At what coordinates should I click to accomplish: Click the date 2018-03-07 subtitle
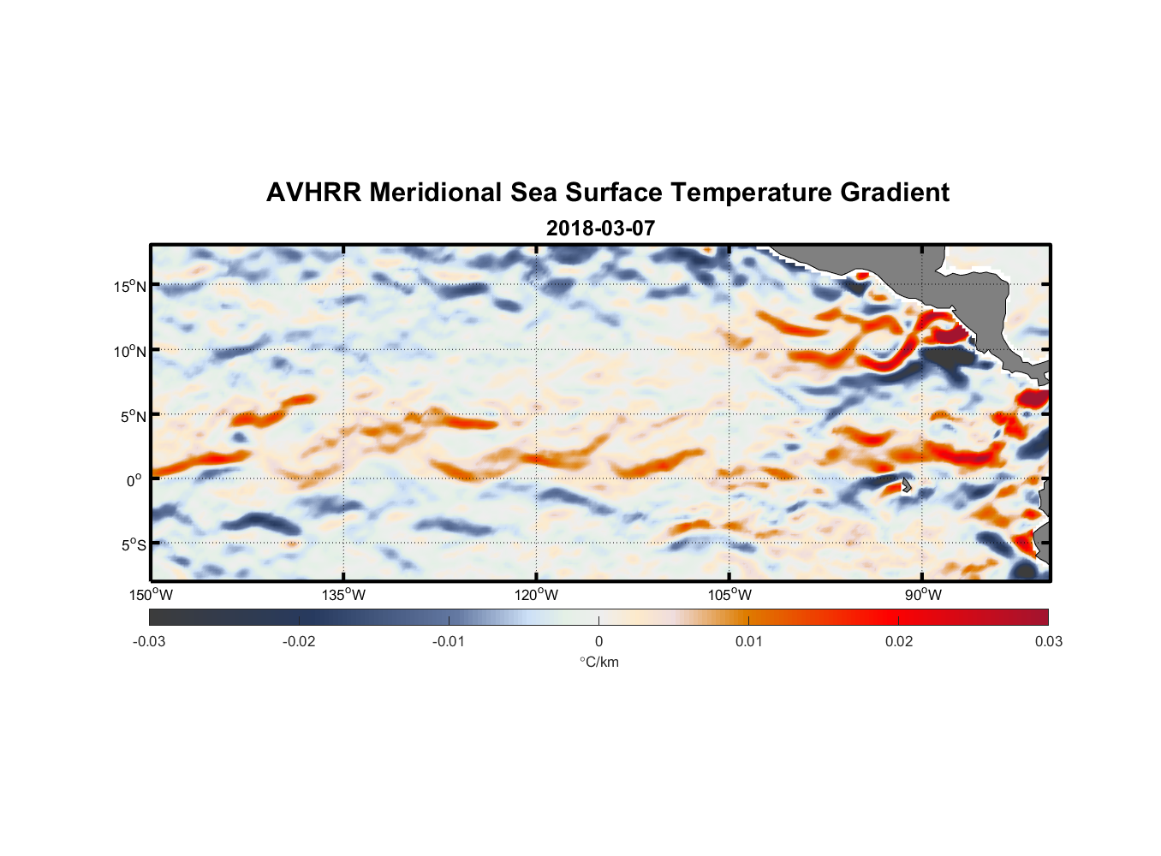[600, 229]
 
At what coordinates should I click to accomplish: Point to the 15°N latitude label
[130, 286]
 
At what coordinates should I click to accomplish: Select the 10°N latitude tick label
[130, 351]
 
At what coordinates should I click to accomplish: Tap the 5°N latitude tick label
[133, 416]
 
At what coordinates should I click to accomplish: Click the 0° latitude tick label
[134, 480]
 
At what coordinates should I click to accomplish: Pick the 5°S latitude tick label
[133, 545]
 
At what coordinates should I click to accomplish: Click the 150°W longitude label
[151, 595]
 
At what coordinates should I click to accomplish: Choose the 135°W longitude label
[343, 595]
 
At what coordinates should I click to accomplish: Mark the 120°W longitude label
[536, 595]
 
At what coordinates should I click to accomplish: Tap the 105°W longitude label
[729, 595]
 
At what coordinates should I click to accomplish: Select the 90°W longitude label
[922, 595]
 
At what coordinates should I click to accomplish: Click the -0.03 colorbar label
[149, 641]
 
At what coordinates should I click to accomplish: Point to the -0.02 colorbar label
[299, 641]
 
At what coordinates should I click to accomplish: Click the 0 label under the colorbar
[598, 641]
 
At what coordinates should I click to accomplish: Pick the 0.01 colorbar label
[748, 641]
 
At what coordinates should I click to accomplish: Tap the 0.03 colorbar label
[1048, 641]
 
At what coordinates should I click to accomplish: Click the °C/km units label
[598, 662]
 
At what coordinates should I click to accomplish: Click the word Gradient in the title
[895, 193]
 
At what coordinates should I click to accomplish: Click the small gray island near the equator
[906, 485]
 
